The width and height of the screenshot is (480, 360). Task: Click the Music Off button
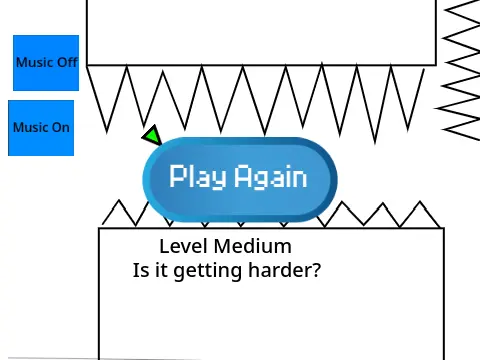[x=45, y=63]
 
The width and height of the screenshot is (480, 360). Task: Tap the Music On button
[x=41, y=127]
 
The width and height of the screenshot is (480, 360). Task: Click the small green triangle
[x=152, y=135]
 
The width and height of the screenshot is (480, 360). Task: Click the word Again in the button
[x=270, y=177]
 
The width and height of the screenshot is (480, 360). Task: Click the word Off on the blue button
[x=66, y=63]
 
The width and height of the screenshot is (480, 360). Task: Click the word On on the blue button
[x=61, y=127]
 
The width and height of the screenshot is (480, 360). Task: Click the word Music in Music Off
[x=34, y=63]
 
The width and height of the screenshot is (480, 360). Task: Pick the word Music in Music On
[x=30, y=127]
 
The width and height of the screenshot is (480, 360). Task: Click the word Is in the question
[x=141, y=270]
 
